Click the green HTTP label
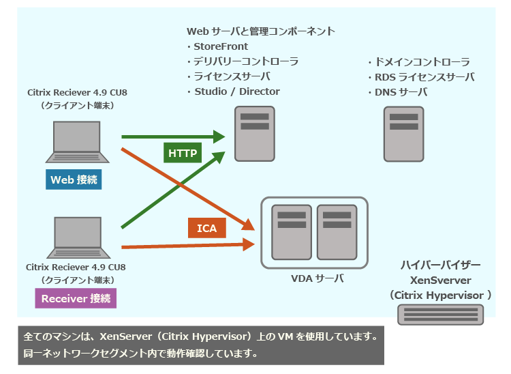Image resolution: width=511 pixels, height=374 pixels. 183,153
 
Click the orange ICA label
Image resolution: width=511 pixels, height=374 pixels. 206,228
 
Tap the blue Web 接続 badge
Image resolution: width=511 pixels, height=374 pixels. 74,179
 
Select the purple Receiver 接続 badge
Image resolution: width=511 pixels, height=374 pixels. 75,298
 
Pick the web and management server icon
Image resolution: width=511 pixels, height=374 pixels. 254,133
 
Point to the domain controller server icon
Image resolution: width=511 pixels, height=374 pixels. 404,133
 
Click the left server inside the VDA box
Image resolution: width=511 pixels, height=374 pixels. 292,231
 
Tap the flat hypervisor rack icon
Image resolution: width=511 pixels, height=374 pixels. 441,315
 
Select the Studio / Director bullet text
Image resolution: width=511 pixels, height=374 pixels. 233,91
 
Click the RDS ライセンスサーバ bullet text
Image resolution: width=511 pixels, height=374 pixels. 420,76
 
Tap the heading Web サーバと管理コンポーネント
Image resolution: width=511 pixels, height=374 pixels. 261,31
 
